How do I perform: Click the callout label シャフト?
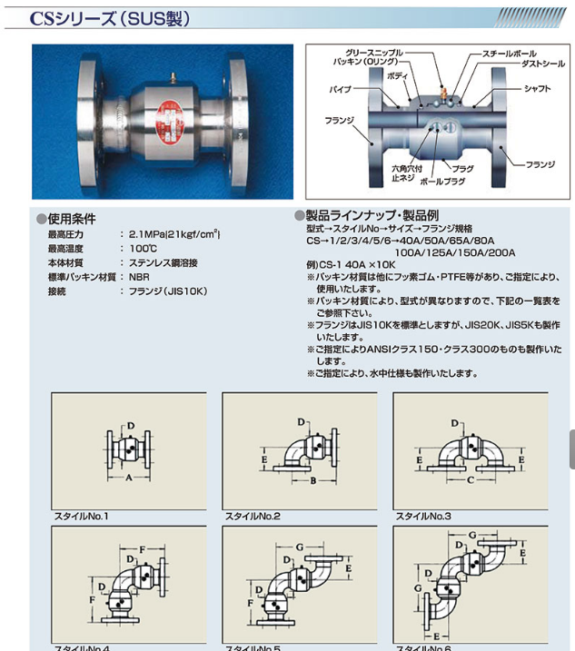pyautogui.click(x=537, y=90)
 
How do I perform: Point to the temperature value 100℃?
pyautogui.click(x=144, y=249)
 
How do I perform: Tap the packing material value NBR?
pyautogui.click(x=139, y=276)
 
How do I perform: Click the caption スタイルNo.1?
pyautogui.click(x=82, y=516)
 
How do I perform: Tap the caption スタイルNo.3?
pyautogui.click(x=423, y=516)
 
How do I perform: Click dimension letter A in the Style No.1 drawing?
pyautogui.click(x=129, y=478)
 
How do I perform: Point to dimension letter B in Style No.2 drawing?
pyautogui.click(x=311, y=478)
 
